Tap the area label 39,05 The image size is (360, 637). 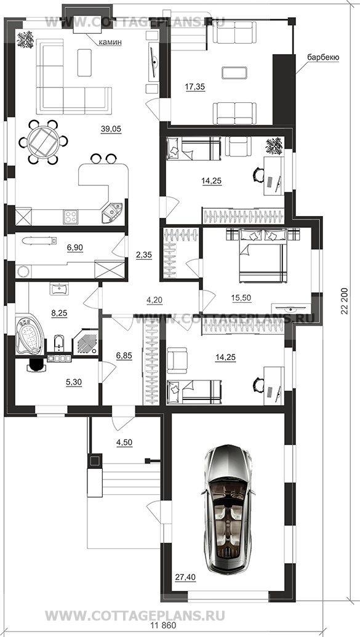tap(111, 129)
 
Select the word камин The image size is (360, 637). tap(110, 42)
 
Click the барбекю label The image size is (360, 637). tap(323, 57)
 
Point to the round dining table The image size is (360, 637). tap(44, 142)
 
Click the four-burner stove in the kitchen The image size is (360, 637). tap(70, 216)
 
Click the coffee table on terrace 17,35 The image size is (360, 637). tap(234, 73)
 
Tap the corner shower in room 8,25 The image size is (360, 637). tap(86, 342)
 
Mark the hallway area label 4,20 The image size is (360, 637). tap(154, 300)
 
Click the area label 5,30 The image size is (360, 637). tap(74, 382)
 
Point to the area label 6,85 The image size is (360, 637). tap(124, 356)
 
